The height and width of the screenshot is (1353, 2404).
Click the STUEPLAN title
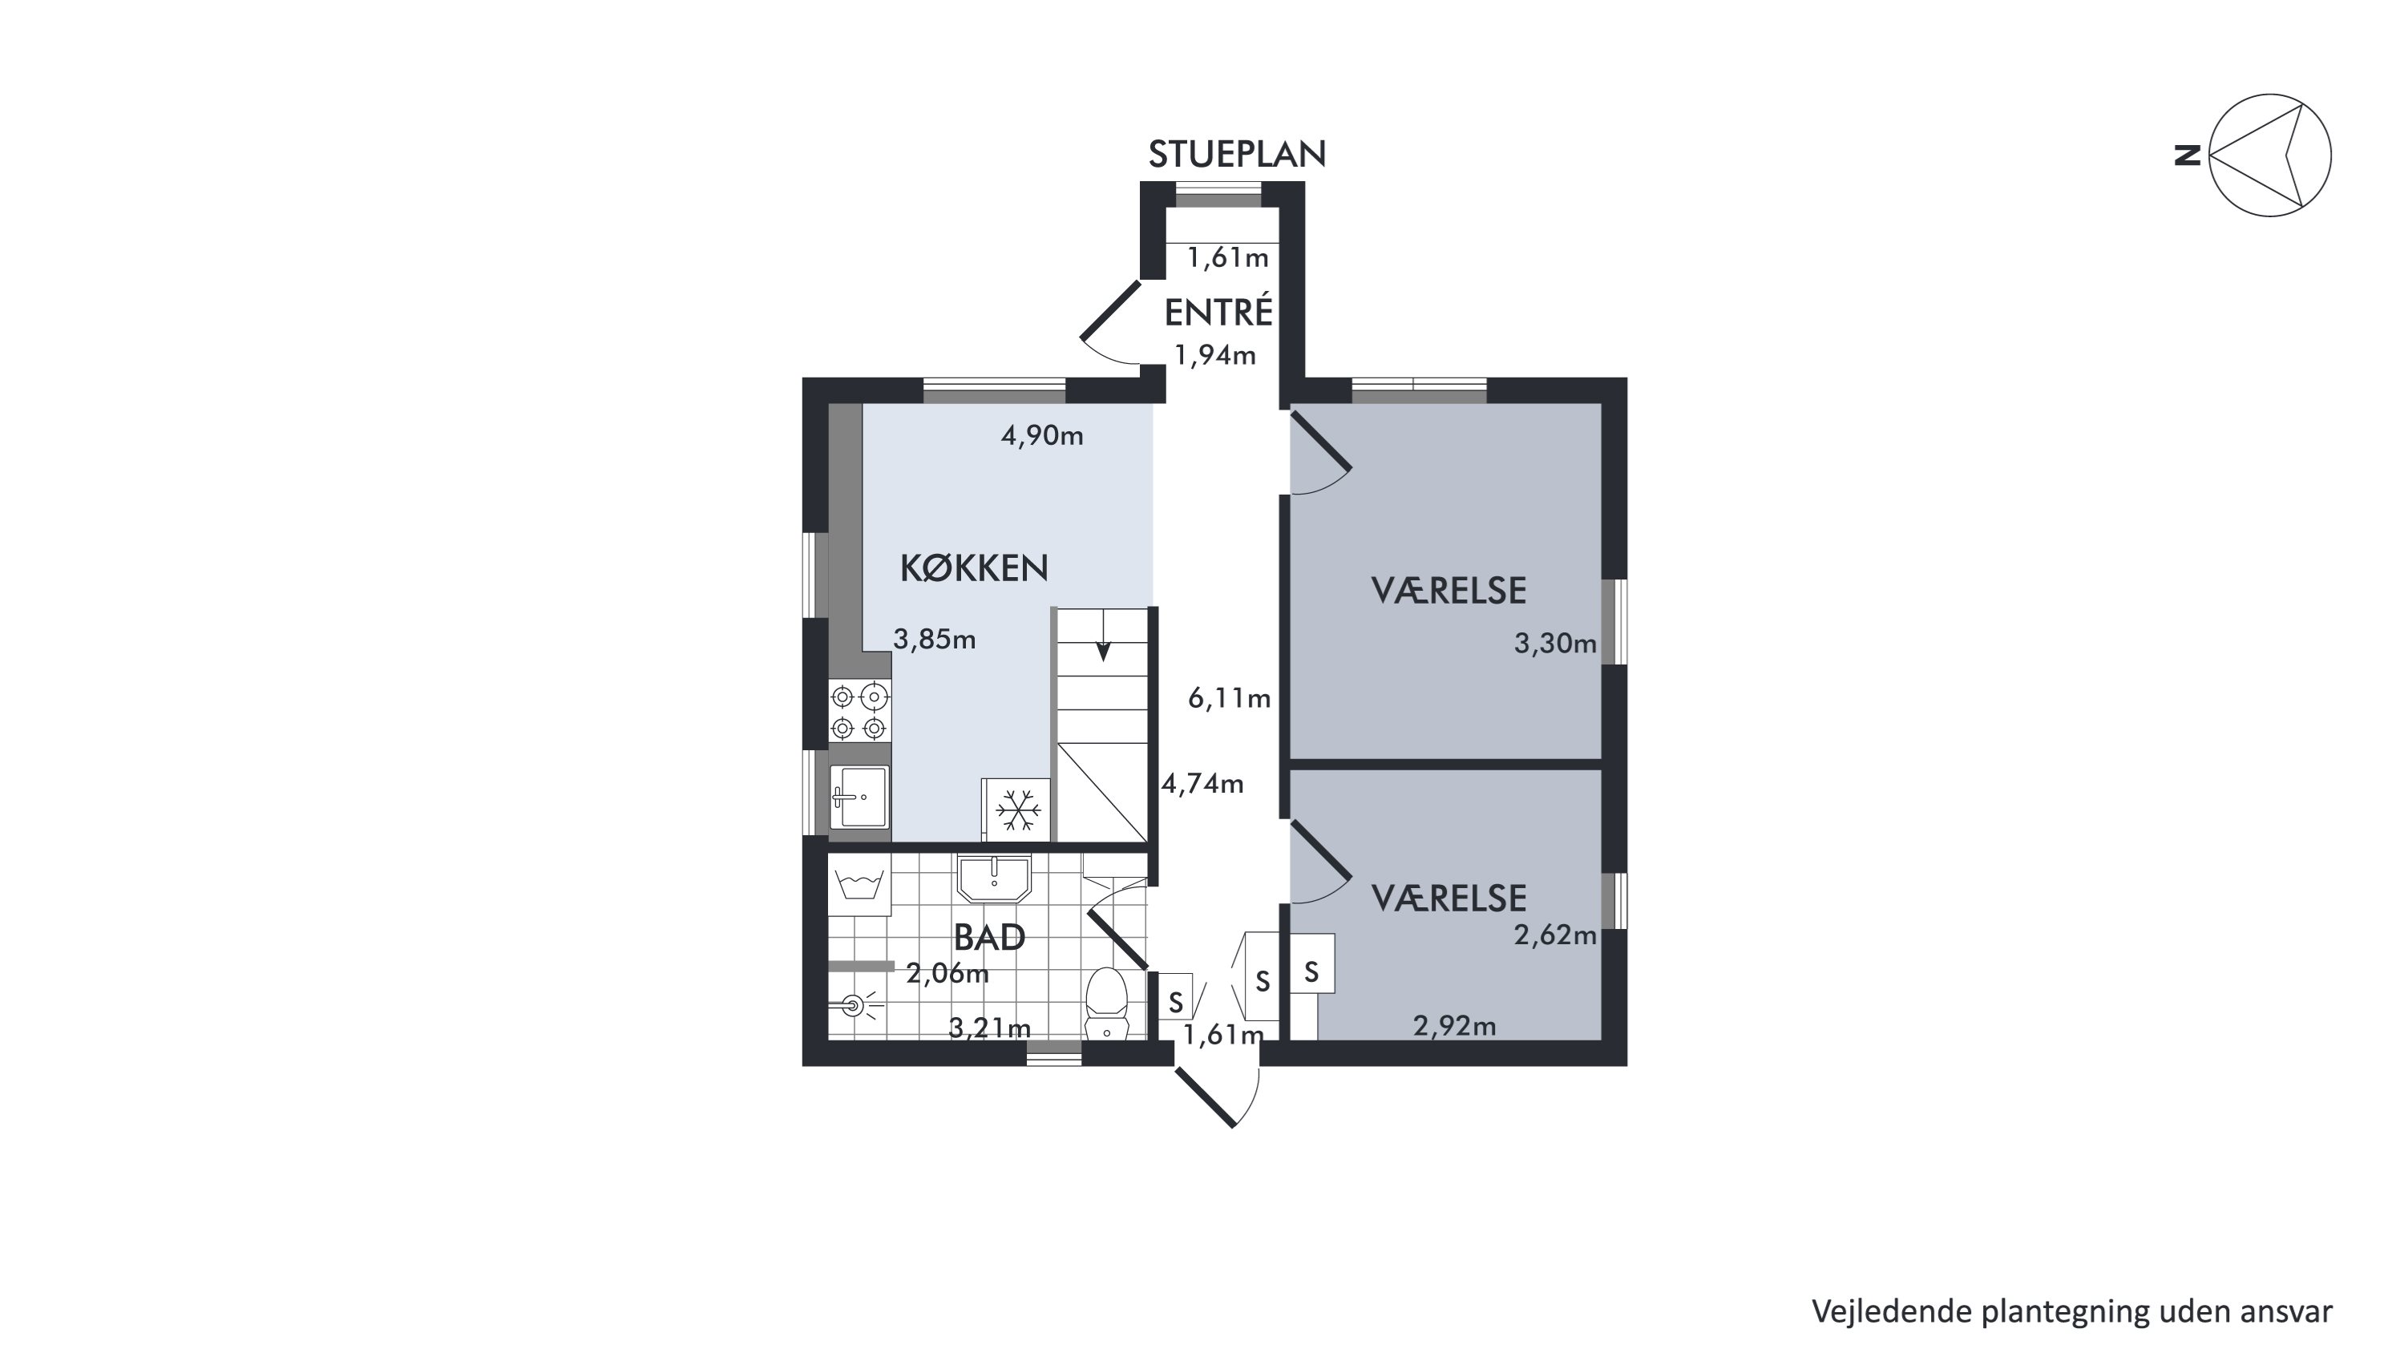click(x=1237, y=154)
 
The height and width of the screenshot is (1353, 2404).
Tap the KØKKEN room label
click(x=973, y=567)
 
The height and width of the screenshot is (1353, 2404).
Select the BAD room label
click(x=989, y=937)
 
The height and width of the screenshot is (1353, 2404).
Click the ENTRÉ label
click(x=1218, y=312)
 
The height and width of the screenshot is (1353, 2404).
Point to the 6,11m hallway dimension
click(x=1229, y=698)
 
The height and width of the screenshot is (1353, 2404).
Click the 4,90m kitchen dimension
click(x=1041, y=436)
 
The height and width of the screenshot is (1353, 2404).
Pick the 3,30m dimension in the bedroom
click(x=1555, y=643)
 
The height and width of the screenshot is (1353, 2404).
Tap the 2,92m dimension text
click(x=1454, y=1027)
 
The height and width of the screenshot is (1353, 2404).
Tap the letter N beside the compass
click(x=2188, y=155)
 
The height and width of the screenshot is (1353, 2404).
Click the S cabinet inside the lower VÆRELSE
click(x=1312, y=972)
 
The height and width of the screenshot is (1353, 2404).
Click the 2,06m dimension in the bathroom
click(x=947, y=974)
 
